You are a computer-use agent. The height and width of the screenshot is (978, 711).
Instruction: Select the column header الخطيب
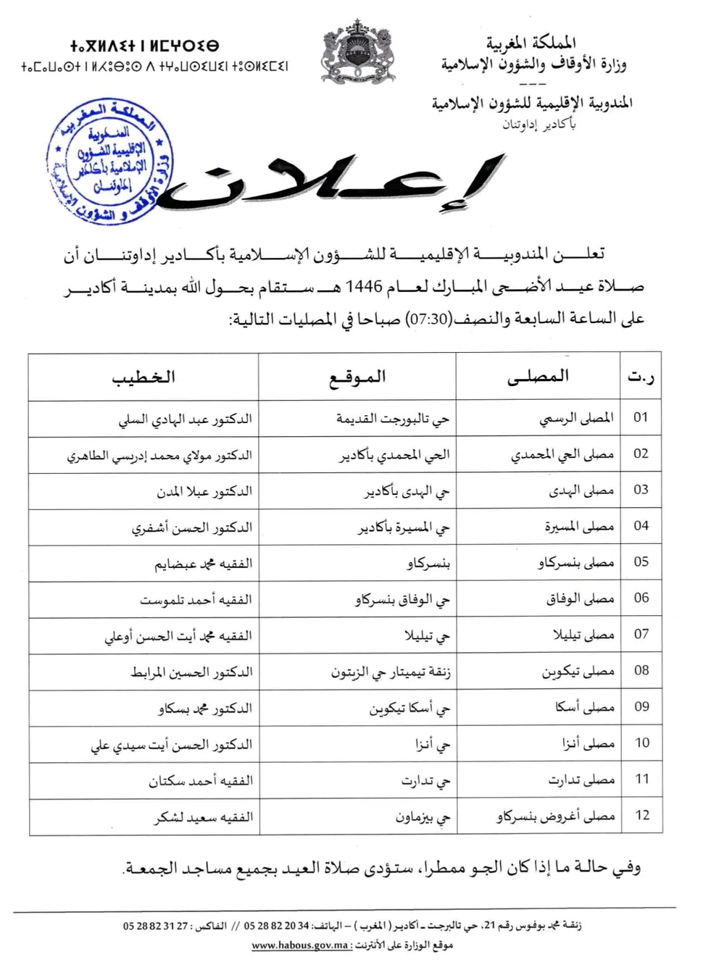[x=144, y=377]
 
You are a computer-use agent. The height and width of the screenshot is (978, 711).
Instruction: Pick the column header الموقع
[x=357, y=377]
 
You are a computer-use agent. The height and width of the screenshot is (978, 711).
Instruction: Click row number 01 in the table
[x=641, y=417]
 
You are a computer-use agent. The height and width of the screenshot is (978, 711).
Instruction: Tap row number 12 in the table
[x=641, y=815]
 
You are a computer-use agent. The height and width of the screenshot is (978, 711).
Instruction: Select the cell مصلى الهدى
[x=581, y=490]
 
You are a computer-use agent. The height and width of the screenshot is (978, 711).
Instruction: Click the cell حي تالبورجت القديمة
[x=392, y=419]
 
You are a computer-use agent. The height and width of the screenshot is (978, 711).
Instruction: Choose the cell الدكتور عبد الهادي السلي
[x=185, y=419]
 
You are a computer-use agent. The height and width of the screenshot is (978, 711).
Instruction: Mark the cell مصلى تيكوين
[x=578, y=672]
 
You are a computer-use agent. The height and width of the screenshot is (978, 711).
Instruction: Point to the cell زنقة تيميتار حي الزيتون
[x=391, y=672]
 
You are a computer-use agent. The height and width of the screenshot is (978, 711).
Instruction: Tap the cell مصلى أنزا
[x=588, y=743]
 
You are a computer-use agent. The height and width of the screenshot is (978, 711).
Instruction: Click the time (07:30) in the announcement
[x=428, y=319]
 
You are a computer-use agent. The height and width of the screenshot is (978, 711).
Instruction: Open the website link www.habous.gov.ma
[x=300, y=945]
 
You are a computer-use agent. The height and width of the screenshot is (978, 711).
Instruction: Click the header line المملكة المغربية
[x=531, y=43]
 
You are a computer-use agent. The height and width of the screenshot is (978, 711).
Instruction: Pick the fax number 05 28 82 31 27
[x=155, y=926]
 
